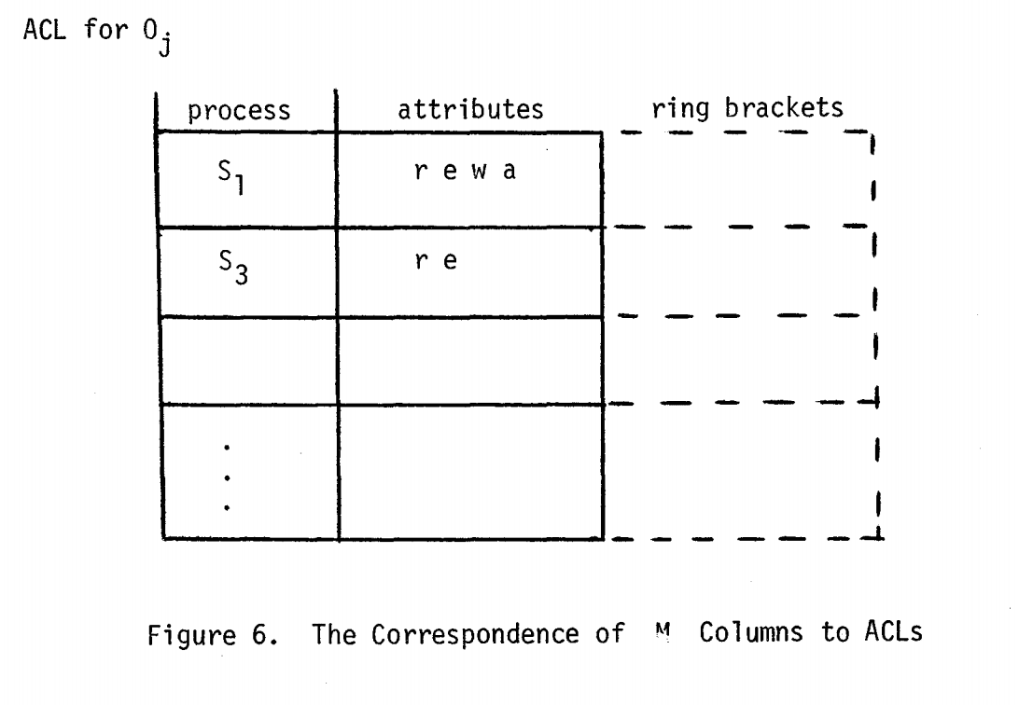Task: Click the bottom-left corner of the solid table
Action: (x=161, y=538)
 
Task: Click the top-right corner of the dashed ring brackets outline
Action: (x=872, y=132)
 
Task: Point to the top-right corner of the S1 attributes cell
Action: (x=603, y=133)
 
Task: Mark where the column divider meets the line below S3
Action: (x=338, y=317)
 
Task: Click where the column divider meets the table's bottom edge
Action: (x=339, y=538)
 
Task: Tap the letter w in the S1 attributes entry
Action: (x=479, y=171)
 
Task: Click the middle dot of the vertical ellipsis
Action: (x=226, y=477)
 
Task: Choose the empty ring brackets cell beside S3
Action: (x=739, y=271)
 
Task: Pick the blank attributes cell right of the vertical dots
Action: (x=470, y=471)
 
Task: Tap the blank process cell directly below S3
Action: (x=249, y=360)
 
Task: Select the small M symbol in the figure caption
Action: (x=663, y=629)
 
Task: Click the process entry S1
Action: (x=230, y=176)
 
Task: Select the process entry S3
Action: (x=232, y=267)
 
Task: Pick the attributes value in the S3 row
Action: (x=436, y=261)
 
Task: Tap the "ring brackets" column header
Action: (x=747, y=108)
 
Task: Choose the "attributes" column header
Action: (x=470, y=109)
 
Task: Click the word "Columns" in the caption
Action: (x=751, y=631)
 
